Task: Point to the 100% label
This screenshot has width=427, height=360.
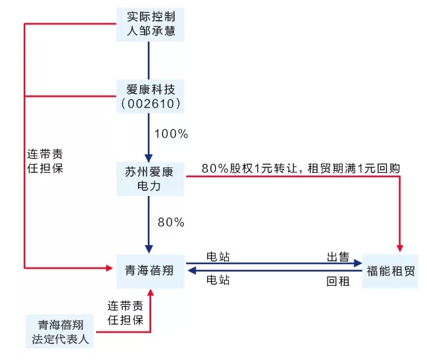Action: (x=171, y=133)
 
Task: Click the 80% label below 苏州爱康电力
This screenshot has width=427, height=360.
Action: (x=171, y=222)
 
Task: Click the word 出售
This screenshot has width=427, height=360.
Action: (x=338, y=257)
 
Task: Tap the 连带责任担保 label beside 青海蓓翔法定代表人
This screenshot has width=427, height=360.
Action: (x=125, y=312)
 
